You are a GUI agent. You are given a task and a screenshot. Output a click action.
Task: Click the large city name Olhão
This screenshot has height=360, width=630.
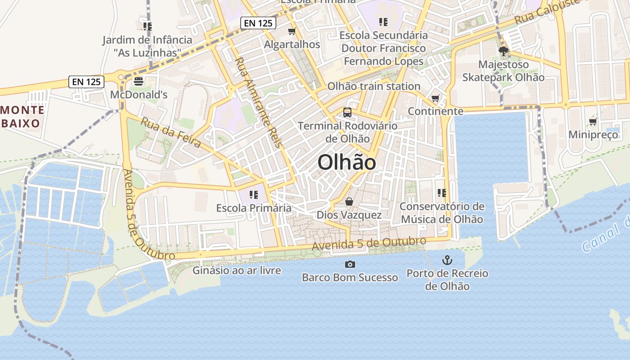click(346, 162)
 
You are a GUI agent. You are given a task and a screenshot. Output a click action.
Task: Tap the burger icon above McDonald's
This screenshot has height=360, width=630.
click(138, 81)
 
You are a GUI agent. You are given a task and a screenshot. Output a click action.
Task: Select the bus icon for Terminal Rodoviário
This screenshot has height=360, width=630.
click(347, 112)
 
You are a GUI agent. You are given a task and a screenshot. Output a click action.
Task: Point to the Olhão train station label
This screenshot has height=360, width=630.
click(373, 86)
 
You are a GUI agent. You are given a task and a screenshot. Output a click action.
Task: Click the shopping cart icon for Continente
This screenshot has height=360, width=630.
click(435, 98)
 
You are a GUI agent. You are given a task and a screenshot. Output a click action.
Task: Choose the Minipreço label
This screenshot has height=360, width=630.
click(593, 135)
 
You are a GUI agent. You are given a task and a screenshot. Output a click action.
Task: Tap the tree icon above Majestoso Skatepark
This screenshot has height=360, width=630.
click(504, 51)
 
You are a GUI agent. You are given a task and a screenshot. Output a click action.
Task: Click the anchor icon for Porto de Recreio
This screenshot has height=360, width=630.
click(447, 260)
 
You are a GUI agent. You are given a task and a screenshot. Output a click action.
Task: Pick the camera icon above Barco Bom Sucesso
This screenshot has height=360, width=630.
click(350, 264)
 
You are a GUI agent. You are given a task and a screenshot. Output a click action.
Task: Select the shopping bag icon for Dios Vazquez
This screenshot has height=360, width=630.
click(349, 202)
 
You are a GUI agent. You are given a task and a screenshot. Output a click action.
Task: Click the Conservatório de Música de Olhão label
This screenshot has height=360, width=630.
click(442, 213)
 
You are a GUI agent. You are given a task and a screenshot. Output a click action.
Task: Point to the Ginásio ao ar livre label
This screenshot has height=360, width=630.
click(237, 270)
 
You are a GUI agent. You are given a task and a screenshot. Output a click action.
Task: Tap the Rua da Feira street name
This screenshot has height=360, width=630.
click(171, 132)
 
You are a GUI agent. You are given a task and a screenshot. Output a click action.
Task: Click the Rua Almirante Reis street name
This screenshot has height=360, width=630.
click(258, 102)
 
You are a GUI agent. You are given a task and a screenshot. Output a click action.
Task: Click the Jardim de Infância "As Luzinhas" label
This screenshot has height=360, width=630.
click(147, 46)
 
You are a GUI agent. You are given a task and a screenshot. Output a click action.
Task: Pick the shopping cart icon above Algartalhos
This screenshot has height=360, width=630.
click(292, 31)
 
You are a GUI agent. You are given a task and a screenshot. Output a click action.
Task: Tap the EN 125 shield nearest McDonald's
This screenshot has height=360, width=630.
click(87, 82)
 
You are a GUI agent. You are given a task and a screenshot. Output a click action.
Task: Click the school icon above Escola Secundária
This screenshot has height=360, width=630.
click(383, 22)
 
